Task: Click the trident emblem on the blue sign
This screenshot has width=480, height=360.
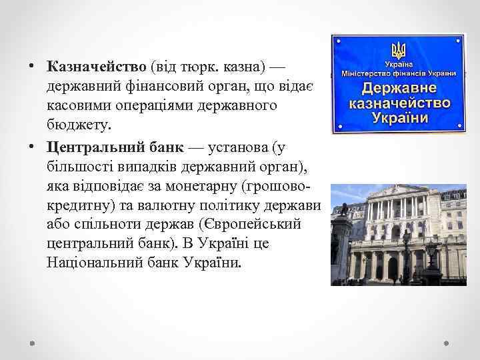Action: point(399,49)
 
